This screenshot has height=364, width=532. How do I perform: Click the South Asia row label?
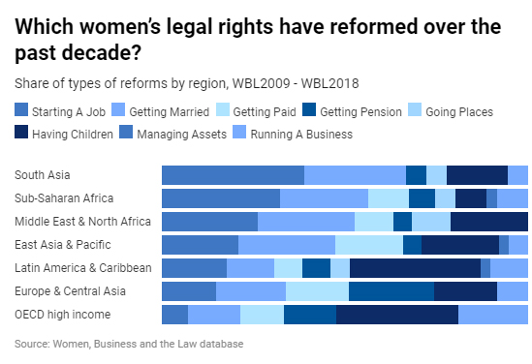[x=42, y=175]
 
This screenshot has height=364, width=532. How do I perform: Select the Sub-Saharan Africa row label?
[x=64, y=198]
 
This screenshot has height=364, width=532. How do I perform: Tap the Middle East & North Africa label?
[x=82, y=222]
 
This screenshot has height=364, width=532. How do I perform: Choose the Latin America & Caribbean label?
[x=83, y=268]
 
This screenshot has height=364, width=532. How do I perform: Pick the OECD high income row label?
[x=62, y=315]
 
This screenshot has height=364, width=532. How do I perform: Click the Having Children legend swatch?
[x=21, y=134]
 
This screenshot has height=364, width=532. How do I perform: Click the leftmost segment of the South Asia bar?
[x=233, y=175]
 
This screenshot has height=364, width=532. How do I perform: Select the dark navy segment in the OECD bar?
[x=397, y=315]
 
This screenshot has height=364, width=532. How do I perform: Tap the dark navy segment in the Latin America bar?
[x=415, y=268]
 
